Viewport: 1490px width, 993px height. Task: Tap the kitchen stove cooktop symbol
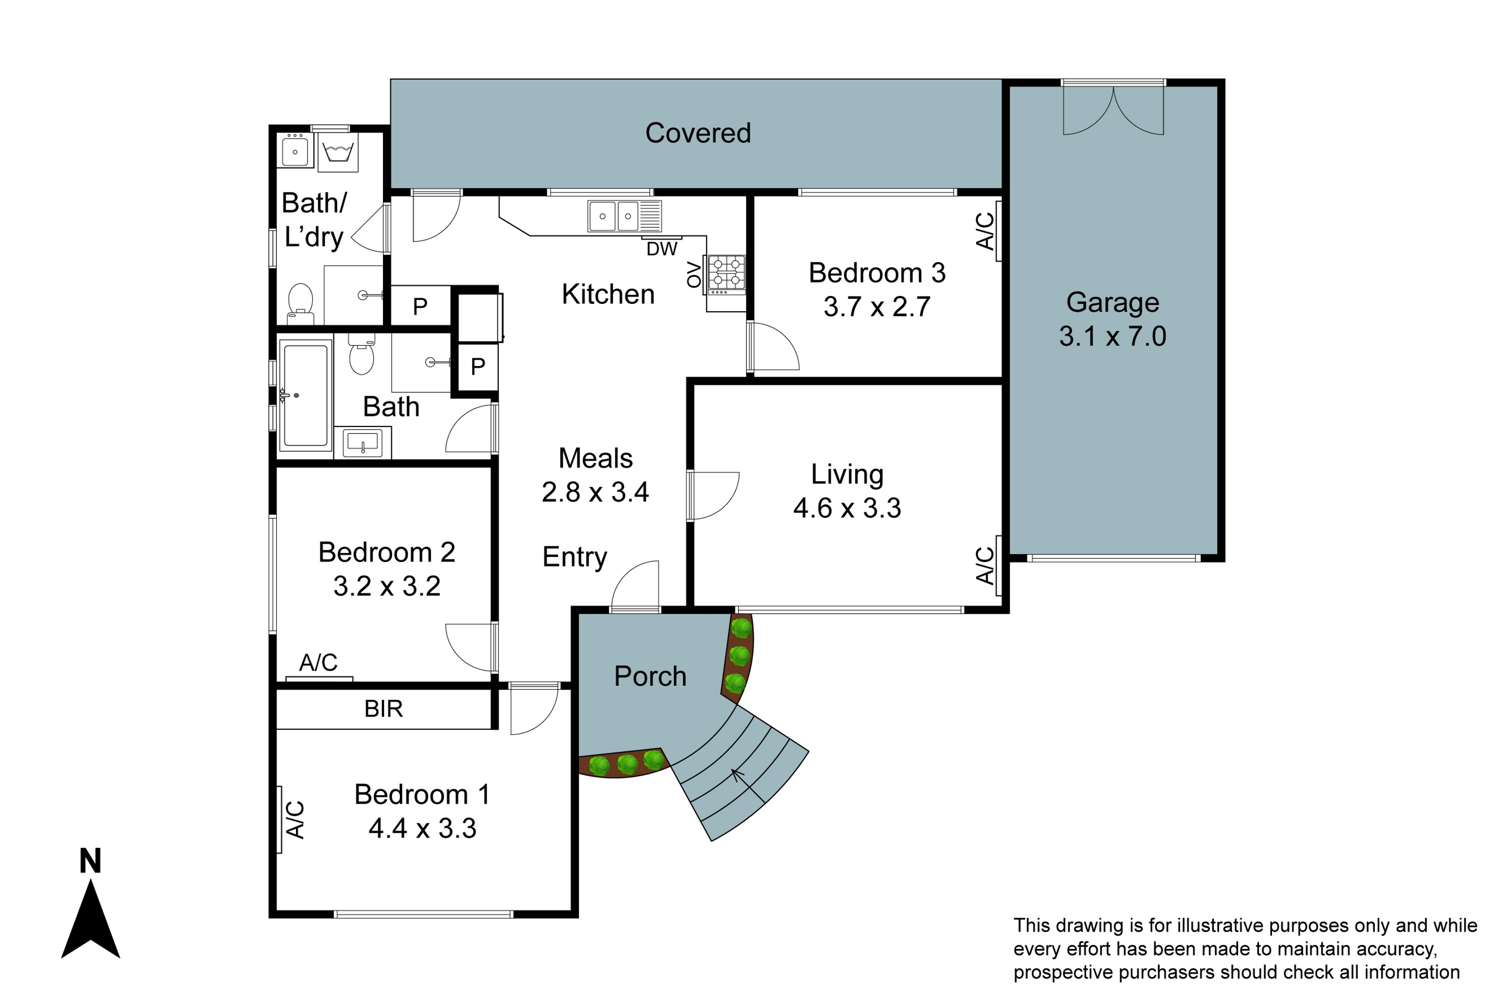point(727,274)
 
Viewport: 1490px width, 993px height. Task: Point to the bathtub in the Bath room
point(305,395)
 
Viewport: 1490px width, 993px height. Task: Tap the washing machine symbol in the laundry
point(338,152)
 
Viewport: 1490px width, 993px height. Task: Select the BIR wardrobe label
point(383,709)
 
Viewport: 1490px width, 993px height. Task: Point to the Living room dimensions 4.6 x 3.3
point(847,508)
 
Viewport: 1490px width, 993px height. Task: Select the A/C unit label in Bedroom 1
point(295,820)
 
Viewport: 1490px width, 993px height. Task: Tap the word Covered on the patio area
point(697,134)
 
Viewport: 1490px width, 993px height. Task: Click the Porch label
point(650,676)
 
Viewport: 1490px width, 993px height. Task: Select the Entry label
point(575,557)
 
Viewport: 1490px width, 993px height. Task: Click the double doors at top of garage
point(1113,111)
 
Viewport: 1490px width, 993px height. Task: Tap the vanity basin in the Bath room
point(363,441)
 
